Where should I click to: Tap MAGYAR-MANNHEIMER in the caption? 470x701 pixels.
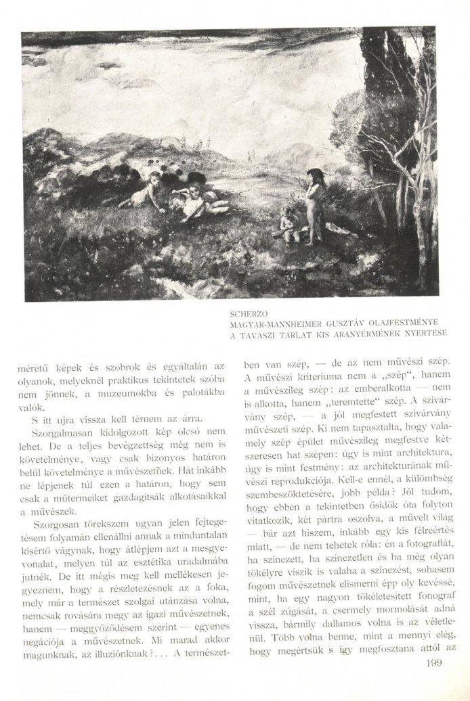pyautogui.click(x=275, y=324)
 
